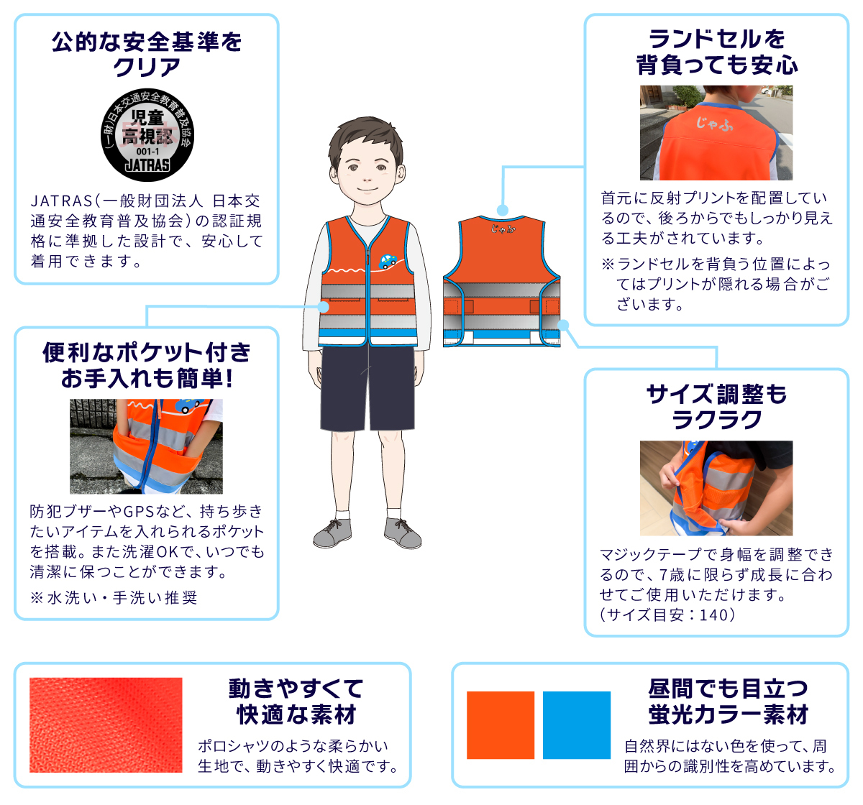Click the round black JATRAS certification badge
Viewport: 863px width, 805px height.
coord(147,134)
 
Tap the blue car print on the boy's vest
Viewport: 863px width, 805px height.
coord(388,261)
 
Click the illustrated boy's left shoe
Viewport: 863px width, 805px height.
coord(403,533)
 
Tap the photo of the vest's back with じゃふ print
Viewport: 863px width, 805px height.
coord(716,132)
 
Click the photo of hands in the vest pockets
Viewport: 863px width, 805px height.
coord(146,446)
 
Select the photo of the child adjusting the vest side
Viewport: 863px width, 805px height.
coord(716,488)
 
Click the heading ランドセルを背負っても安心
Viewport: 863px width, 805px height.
coord(716,52)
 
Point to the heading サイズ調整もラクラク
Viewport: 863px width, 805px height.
coord(716,407)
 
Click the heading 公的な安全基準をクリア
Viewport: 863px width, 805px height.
coord(147,54)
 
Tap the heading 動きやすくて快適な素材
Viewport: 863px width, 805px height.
coord(296,701)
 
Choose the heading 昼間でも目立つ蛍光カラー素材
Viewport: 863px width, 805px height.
coord(729,701)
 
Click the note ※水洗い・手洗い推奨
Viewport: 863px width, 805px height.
coord(114,598)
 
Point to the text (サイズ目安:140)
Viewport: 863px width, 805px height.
coord(667,615)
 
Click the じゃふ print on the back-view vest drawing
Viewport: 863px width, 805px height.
coord(503,228)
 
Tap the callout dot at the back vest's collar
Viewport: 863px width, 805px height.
coord(502,211)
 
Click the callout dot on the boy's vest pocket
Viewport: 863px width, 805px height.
coord(323,307)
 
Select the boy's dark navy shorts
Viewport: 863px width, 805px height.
coord(367,387)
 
